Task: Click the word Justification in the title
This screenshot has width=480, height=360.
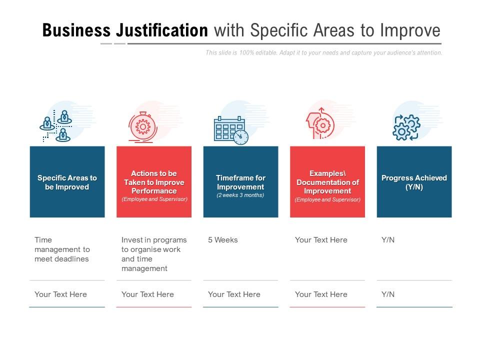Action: click(x=161, y=30)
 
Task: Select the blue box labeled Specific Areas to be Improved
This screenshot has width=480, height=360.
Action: click(x=67, y=182)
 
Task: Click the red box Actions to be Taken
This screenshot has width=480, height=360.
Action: click(x=154, y=182)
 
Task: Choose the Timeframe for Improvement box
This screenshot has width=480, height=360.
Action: click(x=240, y=182)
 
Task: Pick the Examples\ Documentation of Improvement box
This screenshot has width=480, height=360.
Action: click(x=327, y=182)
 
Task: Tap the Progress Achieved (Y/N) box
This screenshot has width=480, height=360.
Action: click(x=414, y=182)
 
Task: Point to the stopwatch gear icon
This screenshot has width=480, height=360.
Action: click(x=142, y=127)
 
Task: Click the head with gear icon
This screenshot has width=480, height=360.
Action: click(x=319, y=123)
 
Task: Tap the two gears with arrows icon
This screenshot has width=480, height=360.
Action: click(x=406, y=127)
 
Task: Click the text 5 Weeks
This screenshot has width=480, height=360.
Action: click(x=223, y=240)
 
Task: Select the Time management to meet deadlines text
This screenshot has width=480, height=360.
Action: click(x=62, y=249)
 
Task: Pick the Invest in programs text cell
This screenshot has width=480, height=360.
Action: click(x=154, y=254)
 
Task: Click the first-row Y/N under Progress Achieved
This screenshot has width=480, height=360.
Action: click(x=388, y=240)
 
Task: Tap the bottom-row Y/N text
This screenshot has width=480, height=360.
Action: click(x=388, y=294)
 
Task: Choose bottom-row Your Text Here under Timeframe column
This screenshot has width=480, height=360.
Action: click(x=234, y=294)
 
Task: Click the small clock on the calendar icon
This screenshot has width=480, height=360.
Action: click(x=241, y=137)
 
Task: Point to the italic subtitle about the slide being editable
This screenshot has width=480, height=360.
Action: click(x=324, y=52)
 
